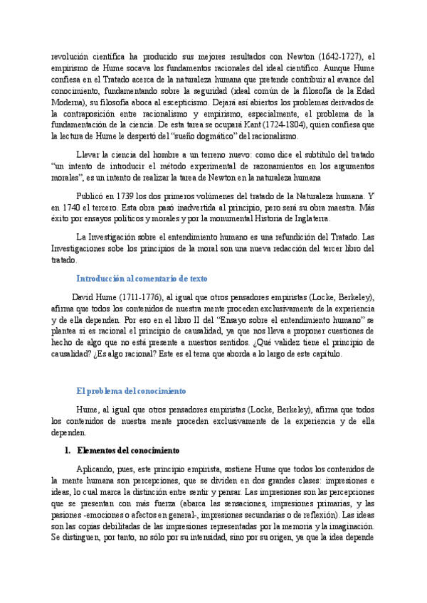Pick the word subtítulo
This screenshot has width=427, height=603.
click(x=312, y=154)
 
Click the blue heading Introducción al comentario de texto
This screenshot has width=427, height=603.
click(x=142, y=278)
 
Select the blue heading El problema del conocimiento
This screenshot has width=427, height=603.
click(x=131, y=391)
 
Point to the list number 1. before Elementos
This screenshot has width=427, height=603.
click(x=68, y=451)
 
